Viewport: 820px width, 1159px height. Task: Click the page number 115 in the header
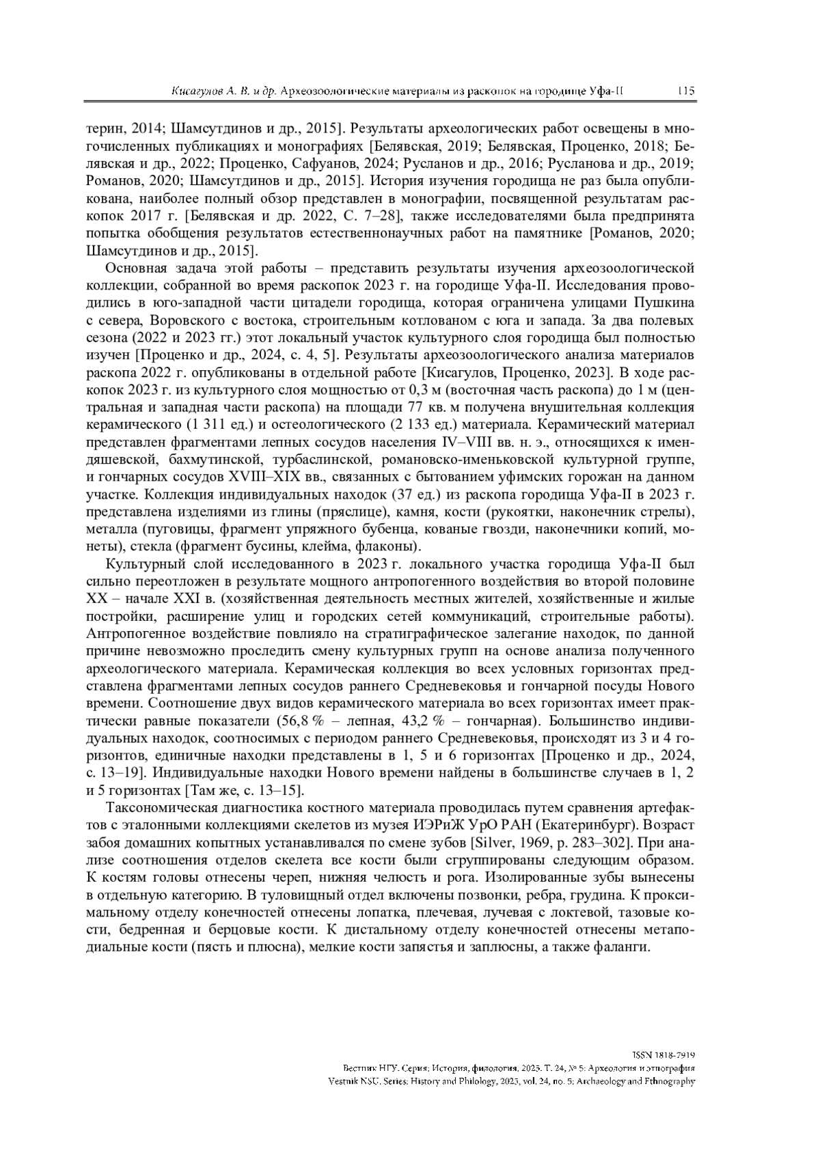(x=686, y=91)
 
